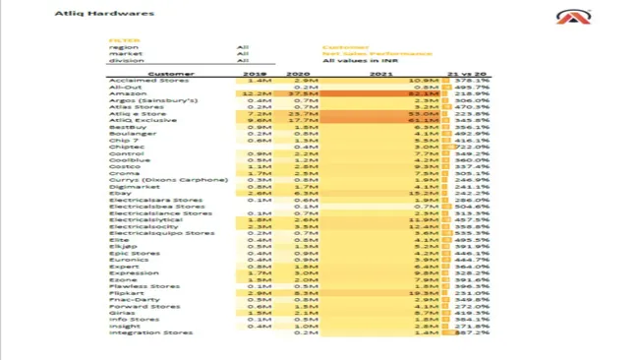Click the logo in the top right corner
click(573, 18)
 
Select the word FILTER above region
click(124, 40)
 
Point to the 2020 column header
click(297, 74)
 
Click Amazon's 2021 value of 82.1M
click(423, 93)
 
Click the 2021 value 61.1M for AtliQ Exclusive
click(423, 120)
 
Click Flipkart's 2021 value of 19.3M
click(424, 293)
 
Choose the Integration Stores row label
click(150, 332)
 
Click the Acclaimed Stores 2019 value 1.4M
click(259, 81)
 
